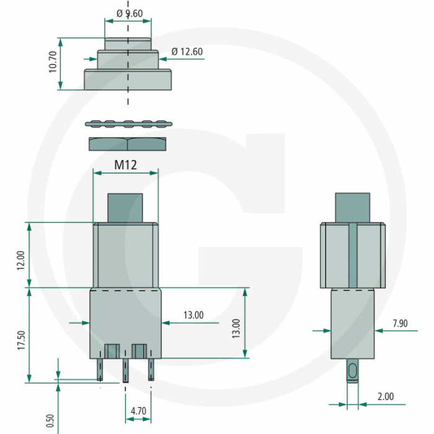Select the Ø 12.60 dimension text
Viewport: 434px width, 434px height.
click(187, 51)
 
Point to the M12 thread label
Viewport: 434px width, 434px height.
click(125, 165)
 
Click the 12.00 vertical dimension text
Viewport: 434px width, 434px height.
click(20, 260)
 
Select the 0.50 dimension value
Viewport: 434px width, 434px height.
click(50, 420)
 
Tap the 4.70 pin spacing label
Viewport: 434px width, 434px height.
click(138, 410)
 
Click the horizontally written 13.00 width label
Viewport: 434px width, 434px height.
click(193, 315)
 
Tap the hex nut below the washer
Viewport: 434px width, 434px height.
click(127, 144)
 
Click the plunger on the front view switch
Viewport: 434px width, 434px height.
click(126, 208)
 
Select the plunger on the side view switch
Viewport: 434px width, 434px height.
click(352, 208)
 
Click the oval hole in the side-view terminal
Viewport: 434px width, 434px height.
click(352, 371)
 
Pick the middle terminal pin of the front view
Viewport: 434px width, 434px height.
click(125, 370)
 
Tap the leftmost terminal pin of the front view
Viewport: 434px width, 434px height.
click(100, 370)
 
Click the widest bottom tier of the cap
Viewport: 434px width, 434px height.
click(128, 80)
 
